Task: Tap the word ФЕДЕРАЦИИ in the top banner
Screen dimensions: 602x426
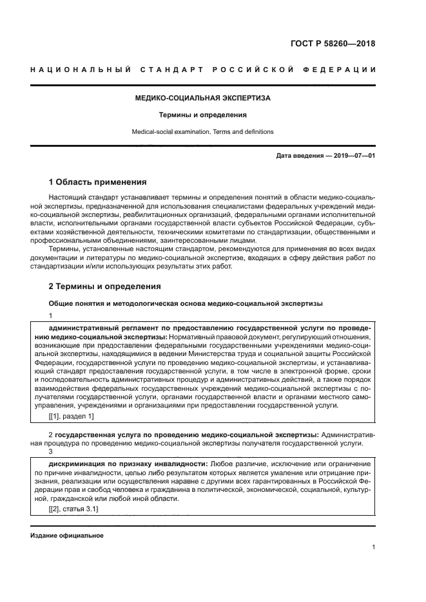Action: [343, 70]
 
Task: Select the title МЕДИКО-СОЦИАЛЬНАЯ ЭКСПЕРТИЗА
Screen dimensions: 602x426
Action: [202, 99]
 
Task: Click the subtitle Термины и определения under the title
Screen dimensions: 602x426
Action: [203, 115]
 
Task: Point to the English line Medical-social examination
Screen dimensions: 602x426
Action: [202, 131]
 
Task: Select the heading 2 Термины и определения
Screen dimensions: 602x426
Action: [104, 286]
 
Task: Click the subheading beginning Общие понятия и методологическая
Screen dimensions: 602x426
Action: [186, 303]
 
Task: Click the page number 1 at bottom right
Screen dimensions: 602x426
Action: [373, 547]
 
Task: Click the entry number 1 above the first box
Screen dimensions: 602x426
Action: [51, 315]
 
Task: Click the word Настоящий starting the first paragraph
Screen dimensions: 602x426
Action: [66, 196]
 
